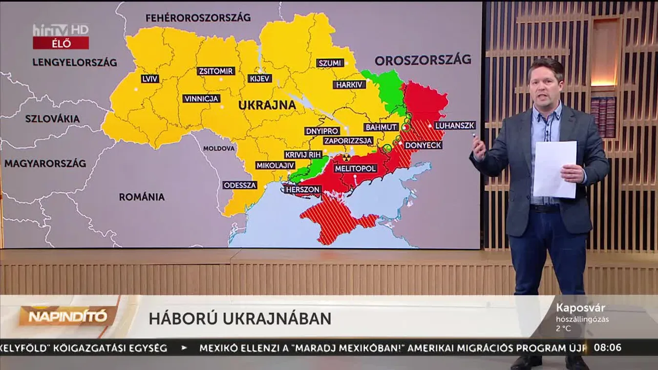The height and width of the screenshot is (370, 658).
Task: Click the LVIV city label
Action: coord(149,79)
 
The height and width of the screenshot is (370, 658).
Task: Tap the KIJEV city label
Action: coord(260,79)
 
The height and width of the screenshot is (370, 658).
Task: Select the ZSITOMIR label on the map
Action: coord(216,71)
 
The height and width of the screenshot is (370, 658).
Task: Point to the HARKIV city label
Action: coord(349,84)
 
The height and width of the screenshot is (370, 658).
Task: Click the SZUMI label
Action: coord(330,63)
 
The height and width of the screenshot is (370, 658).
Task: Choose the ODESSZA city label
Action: coord(240,185)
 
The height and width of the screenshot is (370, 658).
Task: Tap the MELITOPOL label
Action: coord(356,168)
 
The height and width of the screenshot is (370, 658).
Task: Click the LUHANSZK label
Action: coord(455,125)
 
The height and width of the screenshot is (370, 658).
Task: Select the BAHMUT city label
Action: coord(381,127)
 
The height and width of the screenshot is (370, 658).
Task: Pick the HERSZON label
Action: coord(303,189)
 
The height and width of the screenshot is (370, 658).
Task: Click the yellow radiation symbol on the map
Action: coord(346,157)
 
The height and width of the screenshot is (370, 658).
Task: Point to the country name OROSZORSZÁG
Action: coord(423,60)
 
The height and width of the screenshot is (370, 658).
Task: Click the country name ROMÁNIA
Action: coord(142,197)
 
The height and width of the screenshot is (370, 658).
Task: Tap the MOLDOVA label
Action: coord(219,148)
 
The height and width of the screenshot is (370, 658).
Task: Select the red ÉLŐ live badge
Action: coord(61,43)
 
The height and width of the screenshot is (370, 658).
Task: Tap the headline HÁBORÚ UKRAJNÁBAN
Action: coord(240,319)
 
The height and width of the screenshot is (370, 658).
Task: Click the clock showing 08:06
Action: coord(607,348)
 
